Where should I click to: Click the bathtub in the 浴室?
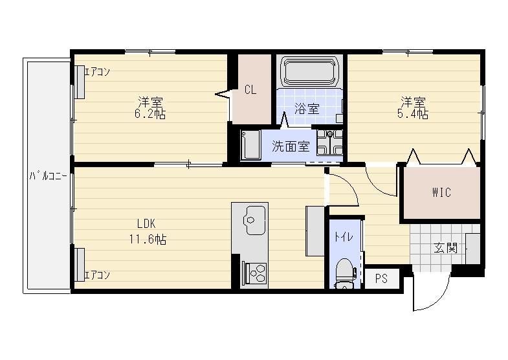coord(309,71)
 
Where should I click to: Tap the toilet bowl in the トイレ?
coord(344,273)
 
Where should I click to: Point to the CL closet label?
coord(250,90)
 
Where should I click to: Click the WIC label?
coord(441,192)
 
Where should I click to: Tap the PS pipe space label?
coord(381,278)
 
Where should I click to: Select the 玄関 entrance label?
coord(445,248)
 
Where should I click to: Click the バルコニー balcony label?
coord(48,176)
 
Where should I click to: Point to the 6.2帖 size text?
coord(150,114)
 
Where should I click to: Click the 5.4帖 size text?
coord(413,114)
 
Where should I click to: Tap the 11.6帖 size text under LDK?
coord(148,240)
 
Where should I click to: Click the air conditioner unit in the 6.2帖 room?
coord(80,82)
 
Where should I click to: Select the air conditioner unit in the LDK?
coord(80,264)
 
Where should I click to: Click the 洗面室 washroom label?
coord(291,146)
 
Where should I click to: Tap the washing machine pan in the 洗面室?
coord(329,142)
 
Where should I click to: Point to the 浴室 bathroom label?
coord(307,108)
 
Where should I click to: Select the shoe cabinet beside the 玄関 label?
coord(472,249)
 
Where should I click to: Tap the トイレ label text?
coord(344,237)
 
